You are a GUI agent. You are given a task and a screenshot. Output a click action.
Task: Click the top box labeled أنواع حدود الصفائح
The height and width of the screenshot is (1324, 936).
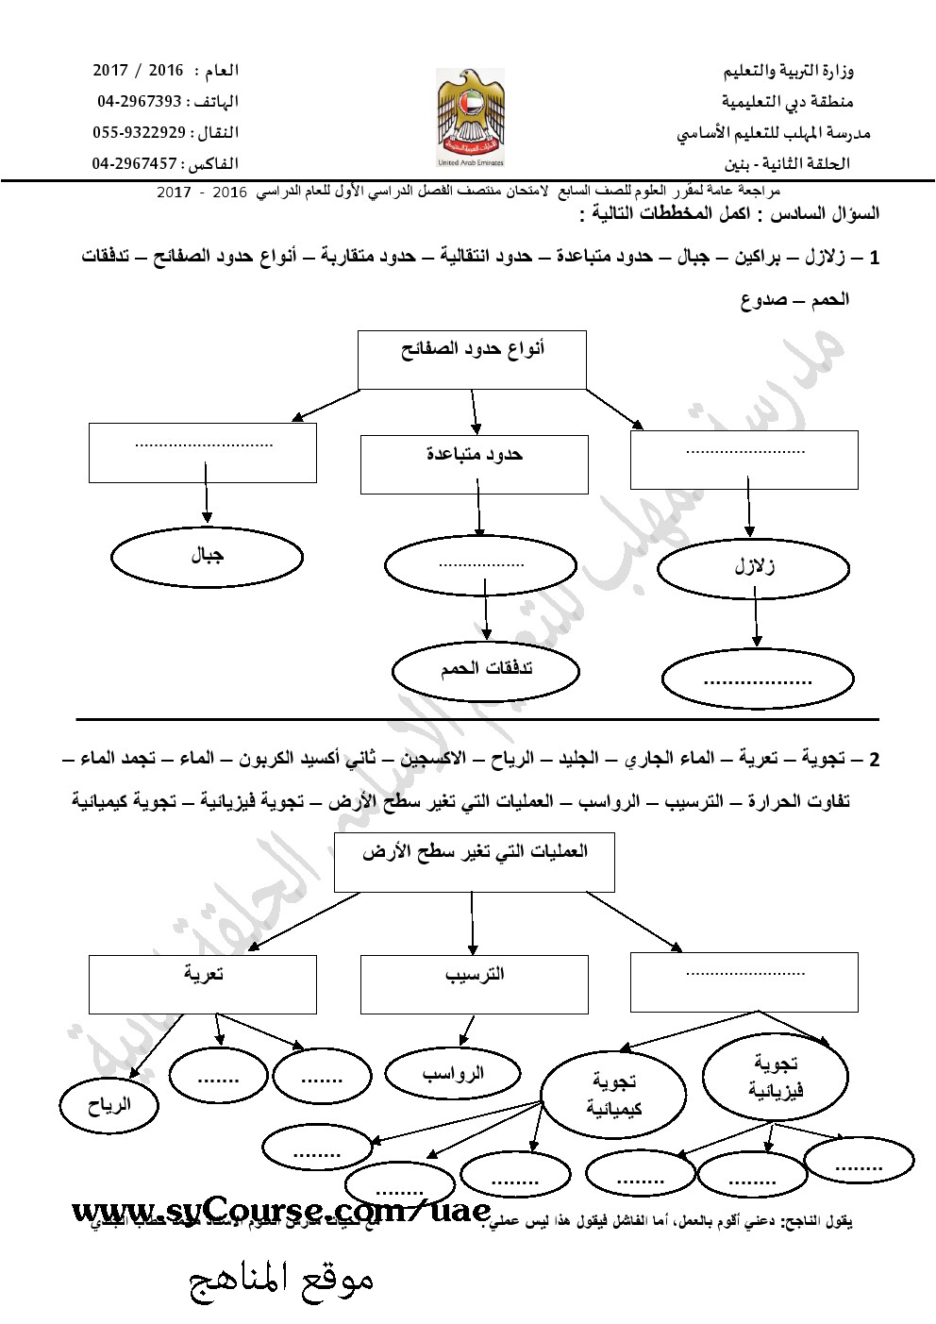(x=473, y=359)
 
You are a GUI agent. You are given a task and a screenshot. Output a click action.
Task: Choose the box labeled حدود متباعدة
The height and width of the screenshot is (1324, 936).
(x=475, y=463)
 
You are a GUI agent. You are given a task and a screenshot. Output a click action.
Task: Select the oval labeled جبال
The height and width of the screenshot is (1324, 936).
(x=207, y=558)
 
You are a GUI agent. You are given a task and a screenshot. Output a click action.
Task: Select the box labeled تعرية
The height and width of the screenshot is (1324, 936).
(x=203, y=983)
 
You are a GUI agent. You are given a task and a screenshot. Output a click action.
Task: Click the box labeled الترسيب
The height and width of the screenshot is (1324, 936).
(x=475, y=983)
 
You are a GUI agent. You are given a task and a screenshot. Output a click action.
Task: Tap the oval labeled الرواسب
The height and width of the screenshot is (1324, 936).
(x=453, y=1073)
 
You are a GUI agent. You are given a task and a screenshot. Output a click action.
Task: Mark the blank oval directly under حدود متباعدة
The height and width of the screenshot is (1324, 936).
(x=480, y=568)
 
